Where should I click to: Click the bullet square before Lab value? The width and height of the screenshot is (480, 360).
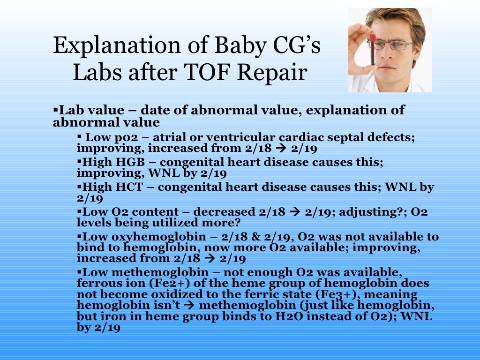coord(55,111)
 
